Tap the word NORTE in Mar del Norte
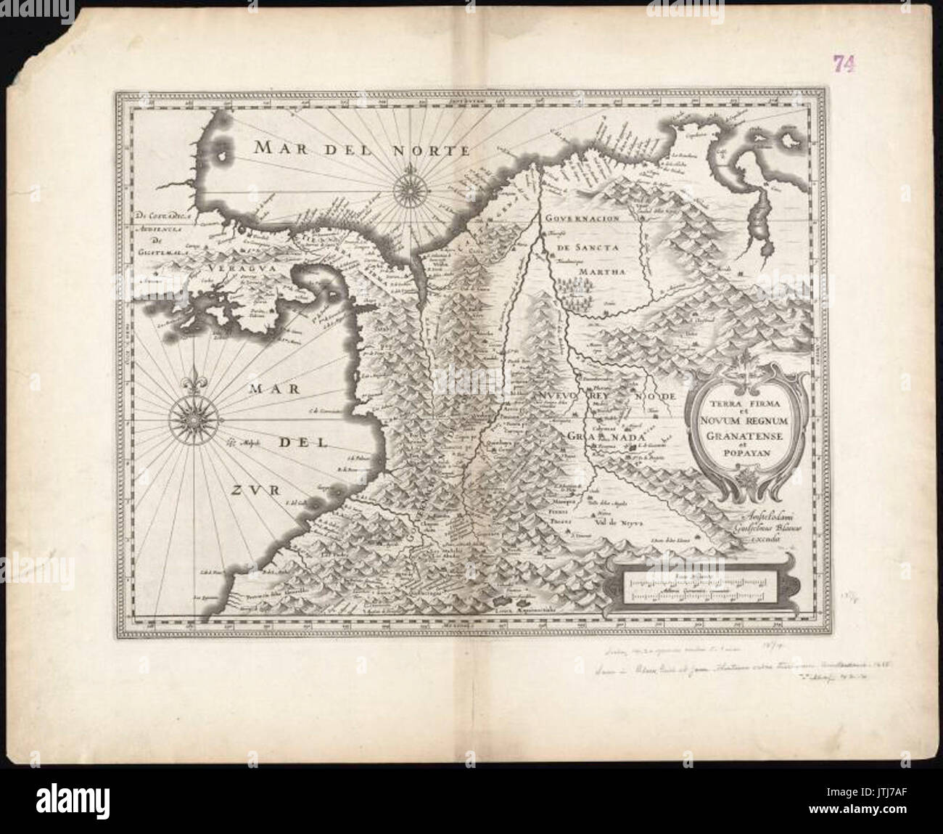point(433,150)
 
